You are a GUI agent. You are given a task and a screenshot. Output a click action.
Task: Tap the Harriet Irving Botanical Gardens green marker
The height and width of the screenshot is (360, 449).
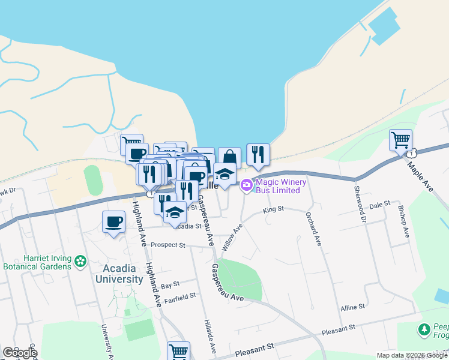(80, 261)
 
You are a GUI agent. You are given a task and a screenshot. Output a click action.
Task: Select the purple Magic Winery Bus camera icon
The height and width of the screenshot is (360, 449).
(246, 187)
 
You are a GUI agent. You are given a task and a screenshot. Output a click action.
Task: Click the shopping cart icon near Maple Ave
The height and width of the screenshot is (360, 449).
(400, 141)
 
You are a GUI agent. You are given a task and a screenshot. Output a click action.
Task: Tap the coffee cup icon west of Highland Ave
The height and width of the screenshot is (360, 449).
(114, 223)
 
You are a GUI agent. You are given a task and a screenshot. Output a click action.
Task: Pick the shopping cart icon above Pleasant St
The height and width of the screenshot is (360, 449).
(178, 352)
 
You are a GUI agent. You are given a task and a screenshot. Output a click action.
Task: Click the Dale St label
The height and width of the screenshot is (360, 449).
(380, 205)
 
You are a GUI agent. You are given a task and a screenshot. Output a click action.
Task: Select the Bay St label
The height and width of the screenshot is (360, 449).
(170, 284)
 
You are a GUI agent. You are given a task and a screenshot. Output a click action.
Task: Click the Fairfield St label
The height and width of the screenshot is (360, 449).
(180, 296)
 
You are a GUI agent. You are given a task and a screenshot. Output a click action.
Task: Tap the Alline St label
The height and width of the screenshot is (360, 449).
(352, 307)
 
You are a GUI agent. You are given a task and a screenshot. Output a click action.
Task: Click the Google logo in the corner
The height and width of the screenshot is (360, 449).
(20, 353)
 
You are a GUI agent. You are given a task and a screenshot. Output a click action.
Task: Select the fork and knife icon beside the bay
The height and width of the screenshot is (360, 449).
(258, 155)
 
